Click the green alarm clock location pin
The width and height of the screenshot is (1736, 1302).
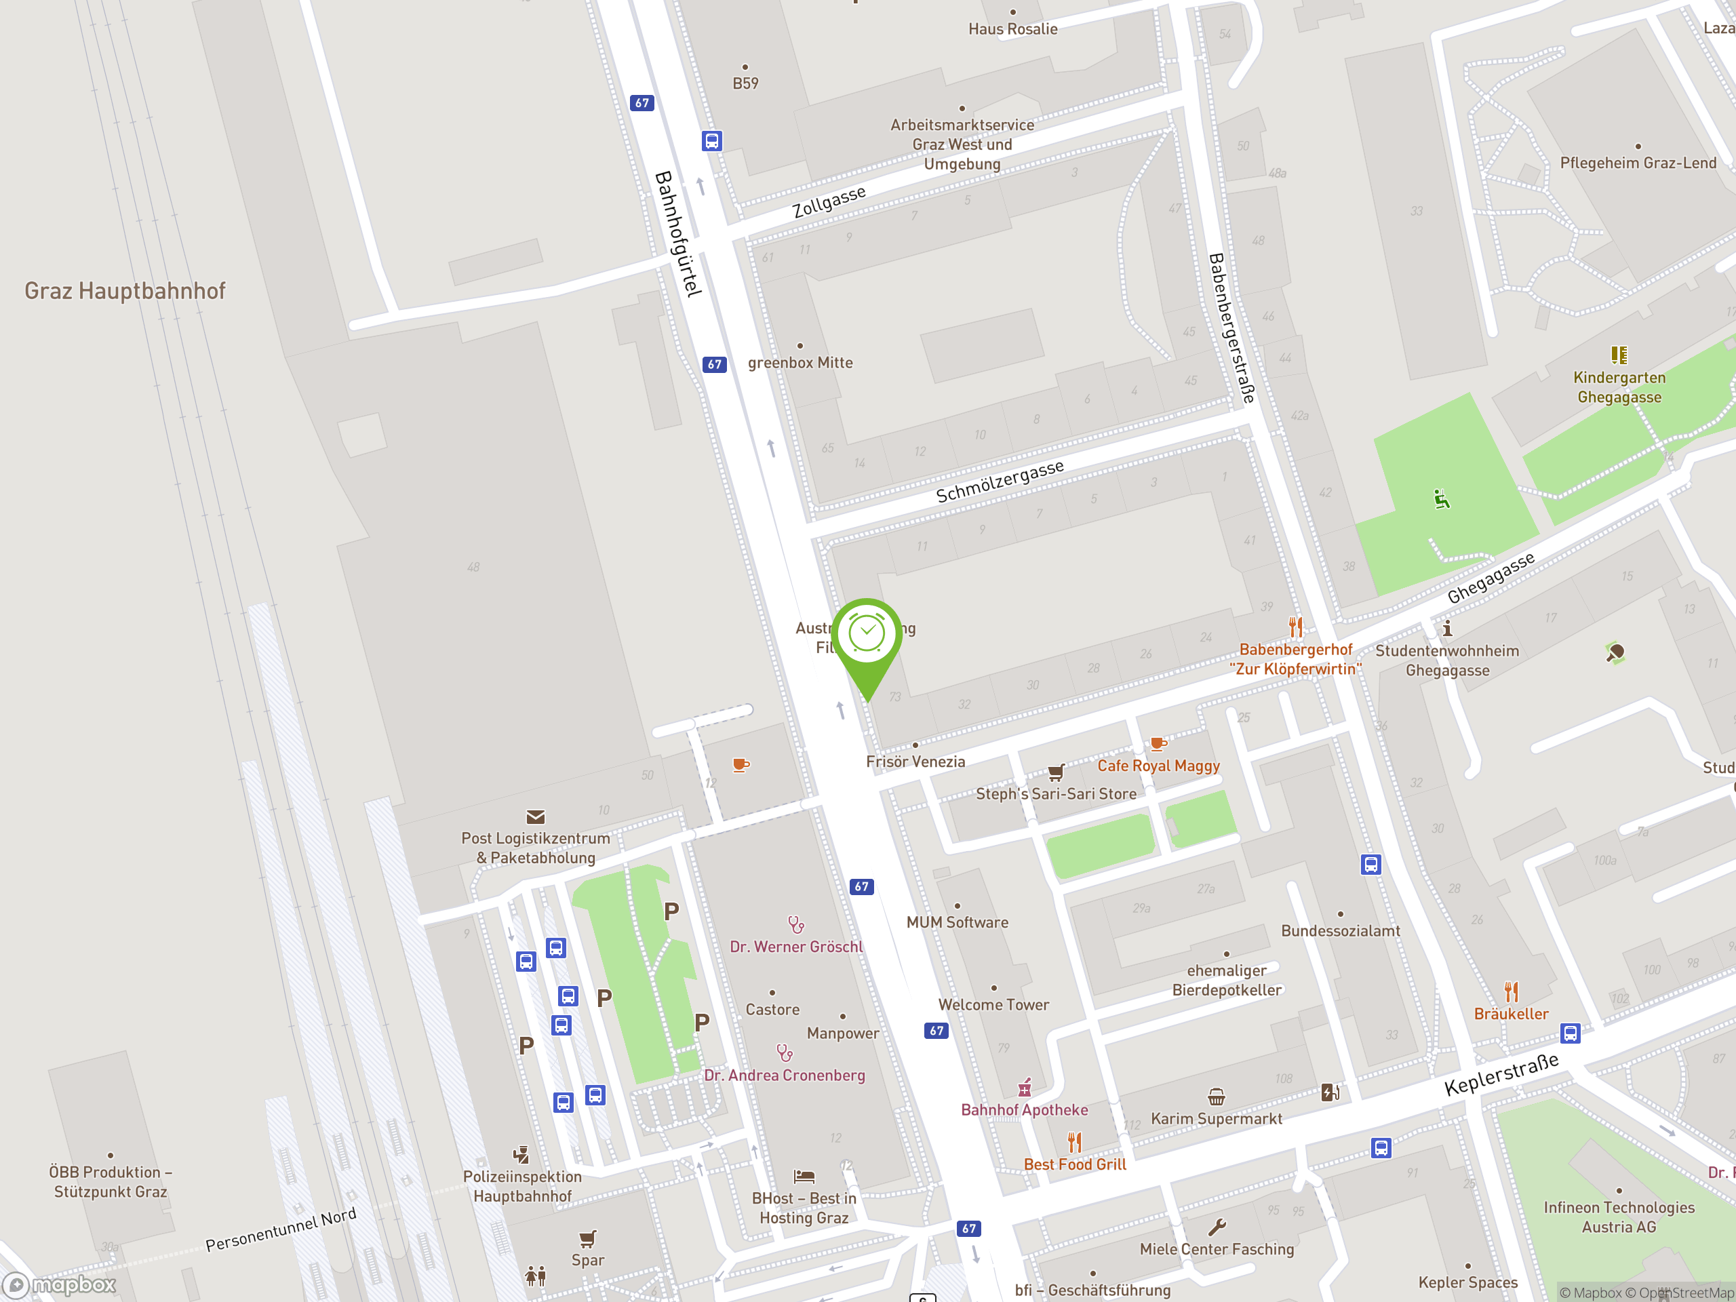click(867, 635)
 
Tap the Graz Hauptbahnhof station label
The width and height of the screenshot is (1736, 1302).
click(125, 291)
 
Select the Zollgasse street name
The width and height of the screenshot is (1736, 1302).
click(829, 201)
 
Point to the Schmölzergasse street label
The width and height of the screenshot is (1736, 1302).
click(999, 481)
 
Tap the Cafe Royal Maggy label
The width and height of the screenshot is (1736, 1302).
click(1158, 766)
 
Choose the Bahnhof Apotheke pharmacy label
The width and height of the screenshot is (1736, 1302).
click(1024, 1109)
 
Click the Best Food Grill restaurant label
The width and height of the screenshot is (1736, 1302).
click(1074, 1164)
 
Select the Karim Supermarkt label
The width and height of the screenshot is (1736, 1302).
click(1216, 1118)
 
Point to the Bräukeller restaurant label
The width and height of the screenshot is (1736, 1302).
click(1511, 1014)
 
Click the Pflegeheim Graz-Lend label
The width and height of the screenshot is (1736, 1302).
click(1638, 163)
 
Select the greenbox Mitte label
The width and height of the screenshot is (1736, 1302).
click(800, 363)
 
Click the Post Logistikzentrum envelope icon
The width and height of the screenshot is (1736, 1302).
click(535, 817)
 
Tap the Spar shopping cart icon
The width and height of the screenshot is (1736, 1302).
click(588, 1239)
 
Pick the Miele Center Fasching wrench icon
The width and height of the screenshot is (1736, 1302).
click(1217, 1227)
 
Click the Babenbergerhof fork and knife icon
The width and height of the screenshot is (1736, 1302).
click(1296, 627)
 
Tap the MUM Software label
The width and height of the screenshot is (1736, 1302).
click(957, 922)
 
